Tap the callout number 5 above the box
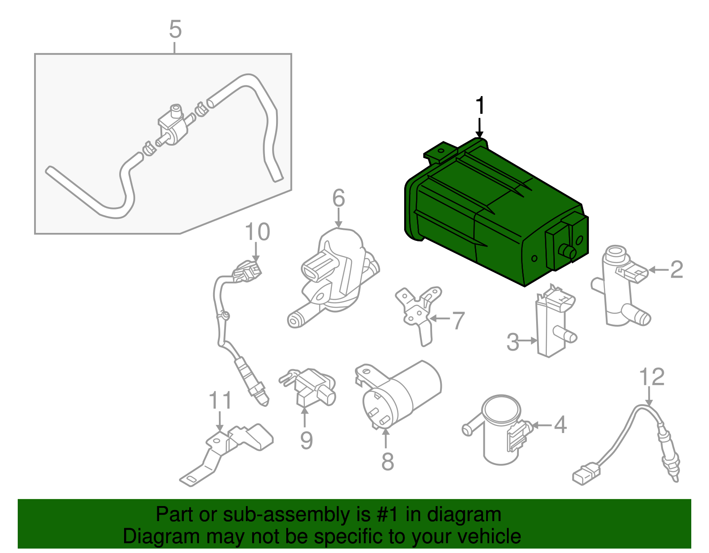coord(175,30)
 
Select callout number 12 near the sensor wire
coord(651,377)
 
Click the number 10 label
coord(257,232)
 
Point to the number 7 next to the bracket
coord(458,321)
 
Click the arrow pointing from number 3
coord(529,340)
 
